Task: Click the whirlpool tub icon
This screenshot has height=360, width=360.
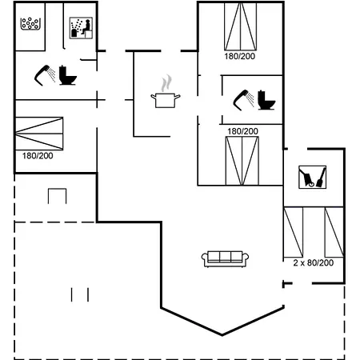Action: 30,23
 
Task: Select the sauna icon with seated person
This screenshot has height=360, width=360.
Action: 81,28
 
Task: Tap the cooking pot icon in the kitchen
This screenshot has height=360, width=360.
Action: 166,100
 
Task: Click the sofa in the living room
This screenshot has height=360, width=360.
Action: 225,258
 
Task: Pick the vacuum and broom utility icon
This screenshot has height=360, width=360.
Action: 312,177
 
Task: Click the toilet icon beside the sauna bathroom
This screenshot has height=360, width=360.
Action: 68,75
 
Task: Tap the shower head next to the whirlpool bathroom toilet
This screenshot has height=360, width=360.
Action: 45,75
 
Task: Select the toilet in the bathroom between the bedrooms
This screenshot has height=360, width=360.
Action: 266,100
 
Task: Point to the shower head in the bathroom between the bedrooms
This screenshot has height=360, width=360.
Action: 243,100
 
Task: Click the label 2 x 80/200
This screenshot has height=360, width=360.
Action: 314,263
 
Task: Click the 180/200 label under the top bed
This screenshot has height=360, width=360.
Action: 240,56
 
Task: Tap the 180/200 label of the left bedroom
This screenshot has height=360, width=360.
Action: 38,156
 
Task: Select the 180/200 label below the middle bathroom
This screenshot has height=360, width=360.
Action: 242,131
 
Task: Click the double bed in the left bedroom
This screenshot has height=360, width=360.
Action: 39,134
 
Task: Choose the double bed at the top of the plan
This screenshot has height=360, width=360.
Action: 241,26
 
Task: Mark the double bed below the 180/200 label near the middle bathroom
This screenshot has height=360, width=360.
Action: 242,161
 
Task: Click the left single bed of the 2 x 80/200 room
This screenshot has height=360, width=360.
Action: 294,232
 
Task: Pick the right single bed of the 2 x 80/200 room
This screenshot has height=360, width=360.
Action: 334,232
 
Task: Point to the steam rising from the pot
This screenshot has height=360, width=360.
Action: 166,83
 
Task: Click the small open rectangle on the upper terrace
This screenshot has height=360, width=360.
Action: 57,196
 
